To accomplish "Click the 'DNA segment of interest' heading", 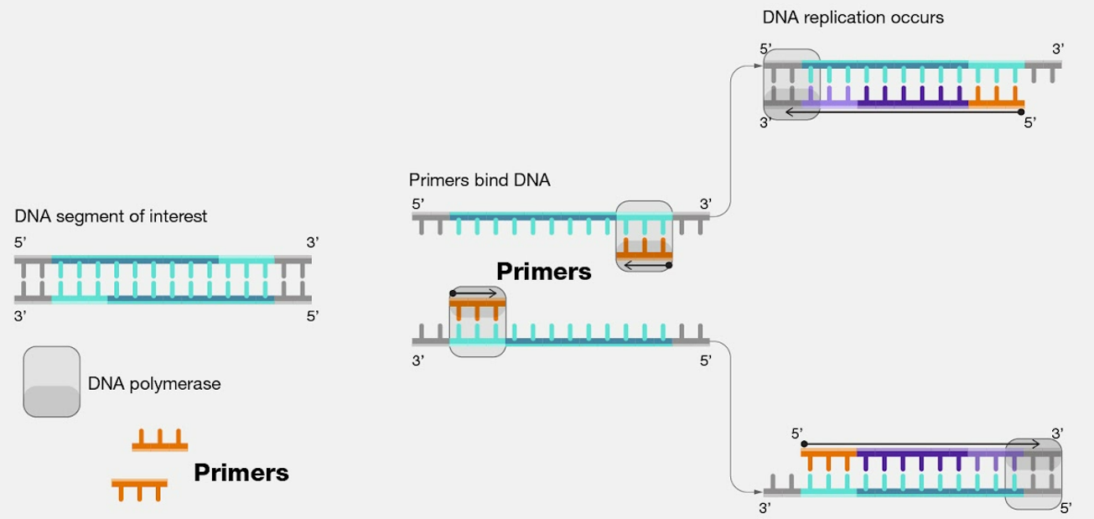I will (x=111, y=216).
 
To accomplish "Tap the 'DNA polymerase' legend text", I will (x=154, y=384).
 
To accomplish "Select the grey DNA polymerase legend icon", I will (x=52, y=381).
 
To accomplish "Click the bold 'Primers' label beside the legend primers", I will (x=241, y=473).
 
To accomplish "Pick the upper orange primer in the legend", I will (x=159, y=441).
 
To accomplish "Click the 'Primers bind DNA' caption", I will (x=480, y=180).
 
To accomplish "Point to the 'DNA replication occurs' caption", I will (x=853, y=17).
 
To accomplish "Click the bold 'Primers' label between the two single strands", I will (x=544, y=271).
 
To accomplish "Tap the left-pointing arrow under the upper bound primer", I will (x=650, y=266).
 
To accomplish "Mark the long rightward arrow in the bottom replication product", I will (x=922, y=444).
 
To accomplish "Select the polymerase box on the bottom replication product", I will (x=1034, y=473).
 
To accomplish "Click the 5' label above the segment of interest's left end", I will (x=21, y=242).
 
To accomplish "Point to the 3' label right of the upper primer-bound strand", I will (x=706, y=203).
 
